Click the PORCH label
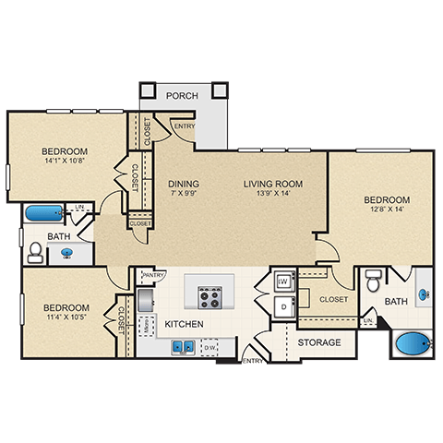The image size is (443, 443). point(182,95)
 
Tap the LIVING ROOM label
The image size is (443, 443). point(272,184)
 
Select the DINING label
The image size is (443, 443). point(184,184)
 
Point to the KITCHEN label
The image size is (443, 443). point(184,325)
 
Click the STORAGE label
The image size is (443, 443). point(318,342)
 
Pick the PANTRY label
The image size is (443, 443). point(153,274)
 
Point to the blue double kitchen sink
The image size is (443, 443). point(181,347)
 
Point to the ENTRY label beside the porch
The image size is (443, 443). point(184,126)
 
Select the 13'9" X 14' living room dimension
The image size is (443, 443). point(272,195)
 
